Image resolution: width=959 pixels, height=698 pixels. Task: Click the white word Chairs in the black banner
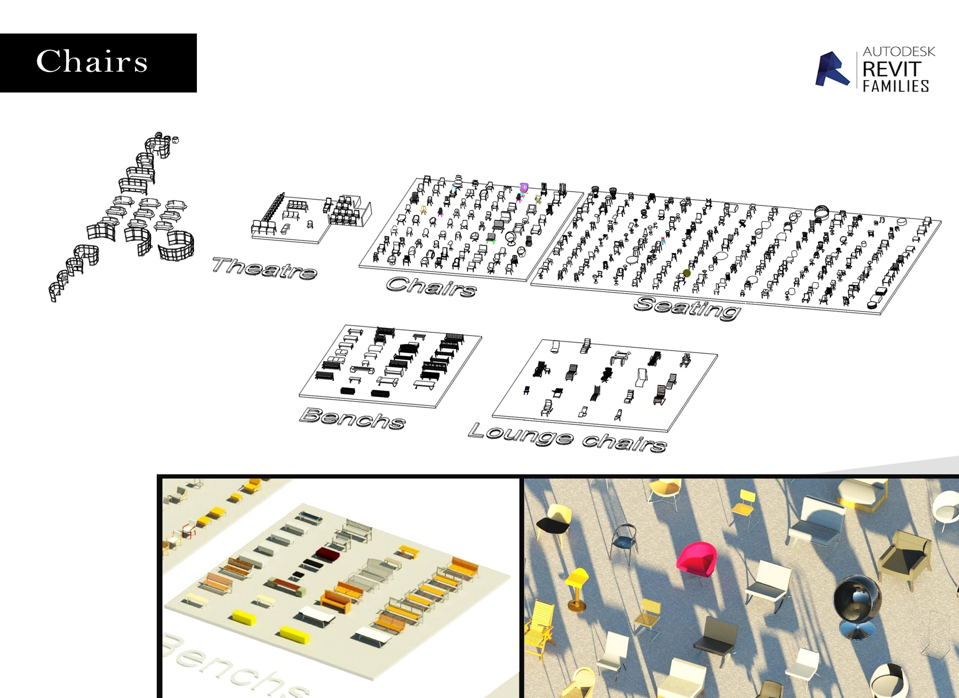[92, 62]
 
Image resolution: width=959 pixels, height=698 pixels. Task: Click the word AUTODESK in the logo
[899, 51]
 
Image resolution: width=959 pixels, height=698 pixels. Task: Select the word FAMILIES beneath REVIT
[896, 86]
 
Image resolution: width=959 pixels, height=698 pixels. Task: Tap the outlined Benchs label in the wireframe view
[352, 418]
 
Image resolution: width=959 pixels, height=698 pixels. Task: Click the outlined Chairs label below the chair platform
[431, 286]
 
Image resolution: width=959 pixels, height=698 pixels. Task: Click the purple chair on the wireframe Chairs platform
[524, 188]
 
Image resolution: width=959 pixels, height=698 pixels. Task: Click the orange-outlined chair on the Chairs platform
[424, 210]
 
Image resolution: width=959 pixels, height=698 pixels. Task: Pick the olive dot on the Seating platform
[687, 273]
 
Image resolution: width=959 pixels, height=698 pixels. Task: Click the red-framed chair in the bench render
[188, 530]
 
